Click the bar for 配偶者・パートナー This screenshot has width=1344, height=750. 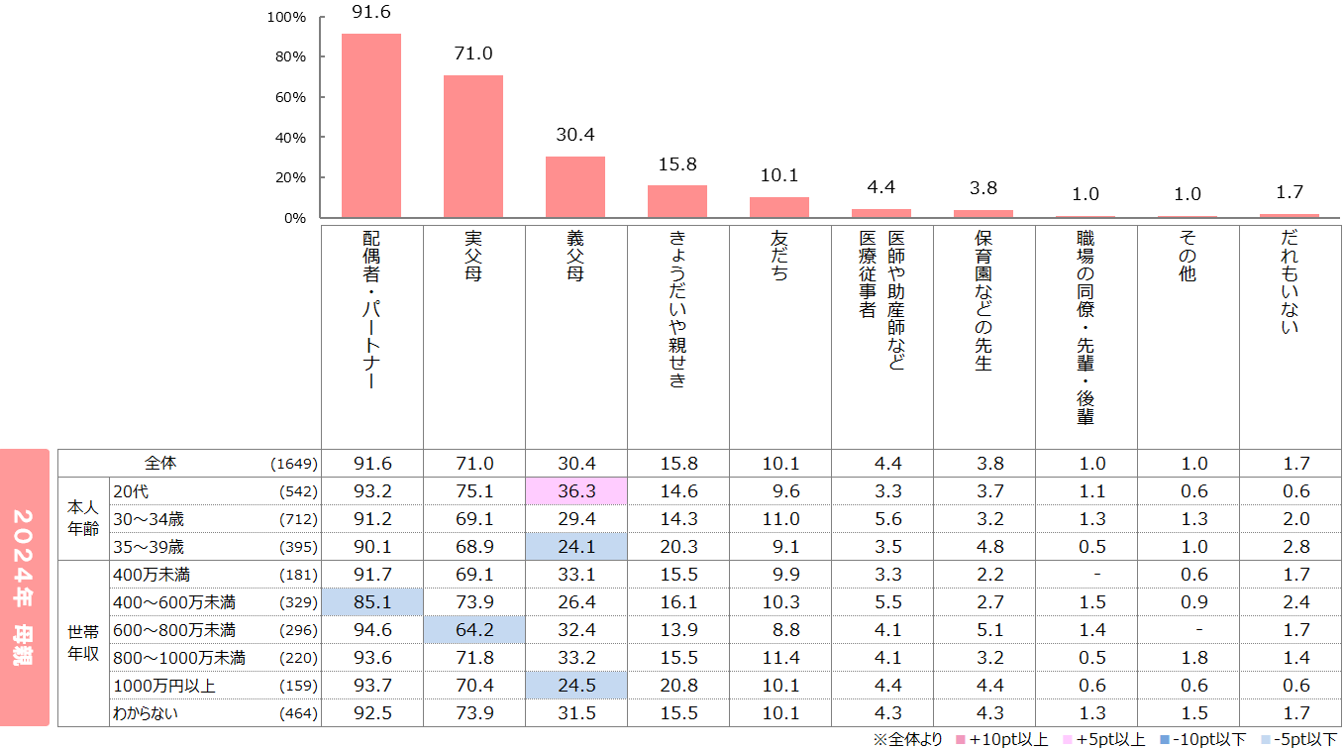(x=371, y=125)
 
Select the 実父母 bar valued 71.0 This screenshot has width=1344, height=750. (x=473, y=146)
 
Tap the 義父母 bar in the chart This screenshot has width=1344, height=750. (x=575, y=186)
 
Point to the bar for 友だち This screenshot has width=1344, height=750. (x=779, y=207)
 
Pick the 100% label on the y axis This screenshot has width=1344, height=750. (x=286, y=17)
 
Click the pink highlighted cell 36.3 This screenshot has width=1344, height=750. (x=575, y=491)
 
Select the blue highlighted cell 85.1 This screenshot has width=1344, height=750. (x=371, y=602)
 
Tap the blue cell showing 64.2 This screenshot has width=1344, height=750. (x=473, y=630)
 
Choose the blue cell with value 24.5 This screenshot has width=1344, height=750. (x=575, y=686)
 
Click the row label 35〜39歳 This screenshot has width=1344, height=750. (x=150, y=547)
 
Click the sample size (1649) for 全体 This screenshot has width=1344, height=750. (x=293, y=464)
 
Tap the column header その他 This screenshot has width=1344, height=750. (x=1188, y=258)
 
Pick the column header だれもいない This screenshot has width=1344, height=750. (x=1290, y=283)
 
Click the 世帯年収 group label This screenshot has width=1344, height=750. (x=83, y=644)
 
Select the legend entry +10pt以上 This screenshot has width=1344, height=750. (x=1000, y=740)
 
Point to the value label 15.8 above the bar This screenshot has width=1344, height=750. (x=677, y=163)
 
